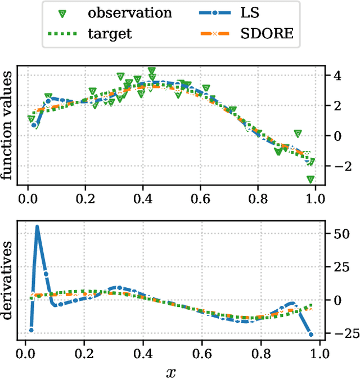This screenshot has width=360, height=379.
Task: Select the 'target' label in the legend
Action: coord(110,33)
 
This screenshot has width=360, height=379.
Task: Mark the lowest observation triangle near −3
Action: coord(310,179)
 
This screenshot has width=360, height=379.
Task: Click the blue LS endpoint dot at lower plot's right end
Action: coord(311,335)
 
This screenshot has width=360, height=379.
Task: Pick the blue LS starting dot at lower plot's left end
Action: coord(31,330)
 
